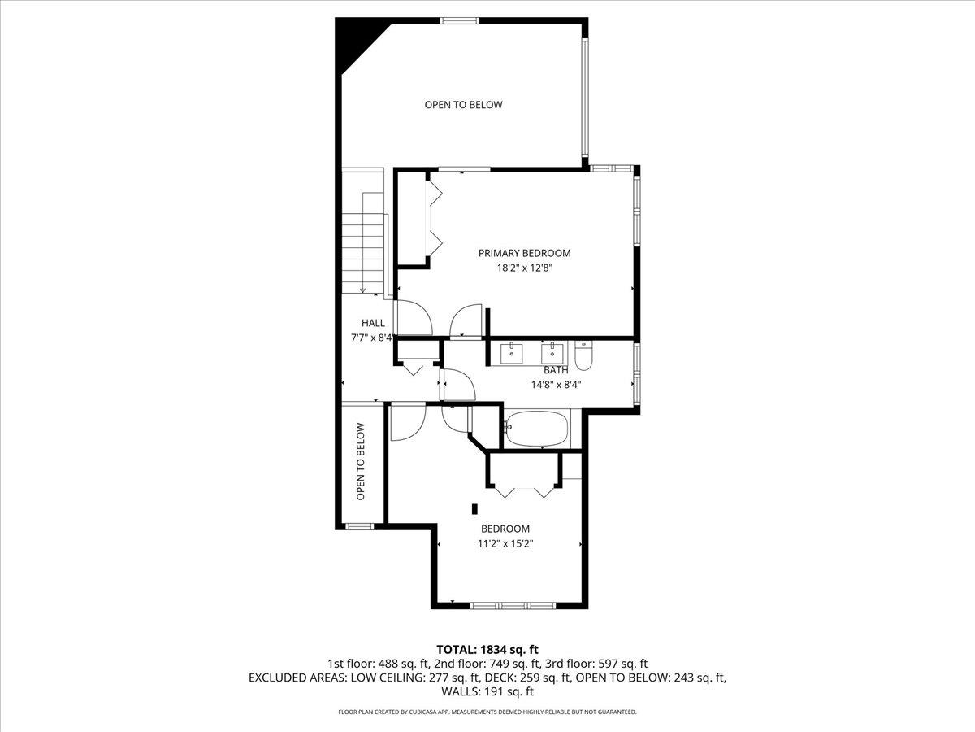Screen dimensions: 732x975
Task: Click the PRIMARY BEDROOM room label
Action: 524,253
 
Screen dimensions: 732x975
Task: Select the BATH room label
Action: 556,370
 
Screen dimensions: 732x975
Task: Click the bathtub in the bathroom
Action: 536,429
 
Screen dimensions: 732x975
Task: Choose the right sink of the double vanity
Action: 553,352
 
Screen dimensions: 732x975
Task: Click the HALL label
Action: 374,323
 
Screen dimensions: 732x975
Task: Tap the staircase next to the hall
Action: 362,244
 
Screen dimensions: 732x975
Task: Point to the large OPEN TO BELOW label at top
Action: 463,105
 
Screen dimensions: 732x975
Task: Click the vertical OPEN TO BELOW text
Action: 361,461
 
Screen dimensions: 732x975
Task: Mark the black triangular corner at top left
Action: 354,41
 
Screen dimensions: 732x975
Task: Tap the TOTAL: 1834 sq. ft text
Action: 487,649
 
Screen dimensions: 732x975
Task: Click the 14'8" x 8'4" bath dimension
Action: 556,385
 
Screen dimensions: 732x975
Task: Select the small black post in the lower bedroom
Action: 475,509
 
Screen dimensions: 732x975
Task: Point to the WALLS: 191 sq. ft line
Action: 487,692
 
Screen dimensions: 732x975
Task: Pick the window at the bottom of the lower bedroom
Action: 513,605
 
